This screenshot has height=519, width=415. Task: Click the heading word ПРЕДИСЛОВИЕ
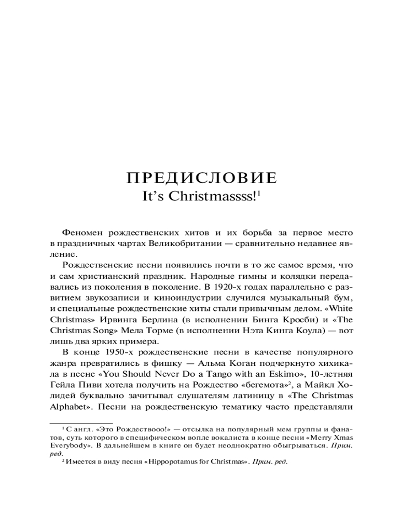coord(202,178)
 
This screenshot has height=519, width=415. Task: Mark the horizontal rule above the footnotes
coord(81,423)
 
